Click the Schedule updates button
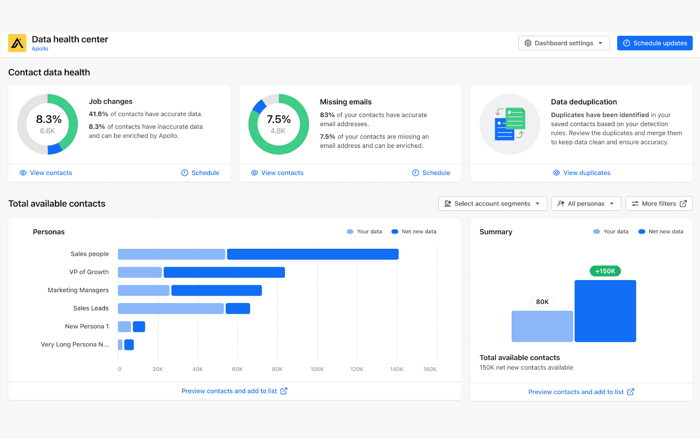(x=654, y=43)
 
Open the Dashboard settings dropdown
(x=563, y=43)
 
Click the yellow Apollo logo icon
(x=17, y=43)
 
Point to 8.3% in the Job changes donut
(x=49, y=119)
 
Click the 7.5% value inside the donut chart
(x=279, y=119)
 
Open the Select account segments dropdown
(x=492, y=204)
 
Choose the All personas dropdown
(x=586, y=204)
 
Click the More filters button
(x=659, y=204)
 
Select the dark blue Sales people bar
(x=312, y=254)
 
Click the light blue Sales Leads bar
(x=171, y=309)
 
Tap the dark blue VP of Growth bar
(x=224, y=272)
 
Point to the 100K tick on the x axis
(x=317, y=369)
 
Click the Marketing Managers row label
(x=78, y=290)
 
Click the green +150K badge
(x=605, y=271)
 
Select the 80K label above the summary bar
(x=542, y=302)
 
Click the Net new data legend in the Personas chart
(x=414, y=232)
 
